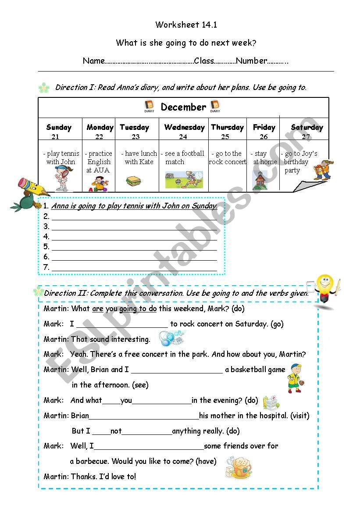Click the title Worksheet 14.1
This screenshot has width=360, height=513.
[x=186, y=25]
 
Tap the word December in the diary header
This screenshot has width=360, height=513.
[x=183, y=107]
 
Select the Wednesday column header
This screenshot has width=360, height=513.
[x=184, y=128]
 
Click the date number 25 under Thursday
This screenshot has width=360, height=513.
[x=225, y=137]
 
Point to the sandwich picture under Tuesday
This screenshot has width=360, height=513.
[x=133, y=181]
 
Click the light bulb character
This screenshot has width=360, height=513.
[x=326, y=289]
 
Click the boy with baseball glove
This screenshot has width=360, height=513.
[x=295, y=378]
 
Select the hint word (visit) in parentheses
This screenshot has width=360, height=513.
[x=300, y=416]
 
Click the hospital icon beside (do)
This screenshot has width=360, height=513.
[x=270, y=401]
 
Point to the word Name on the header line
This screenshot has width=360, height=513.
[x=94, y=61]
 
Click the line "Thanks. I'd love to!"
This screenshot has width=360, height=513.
[x=103, y=476]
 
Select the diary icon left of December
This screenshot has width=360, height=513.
[x=150, y=106]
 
